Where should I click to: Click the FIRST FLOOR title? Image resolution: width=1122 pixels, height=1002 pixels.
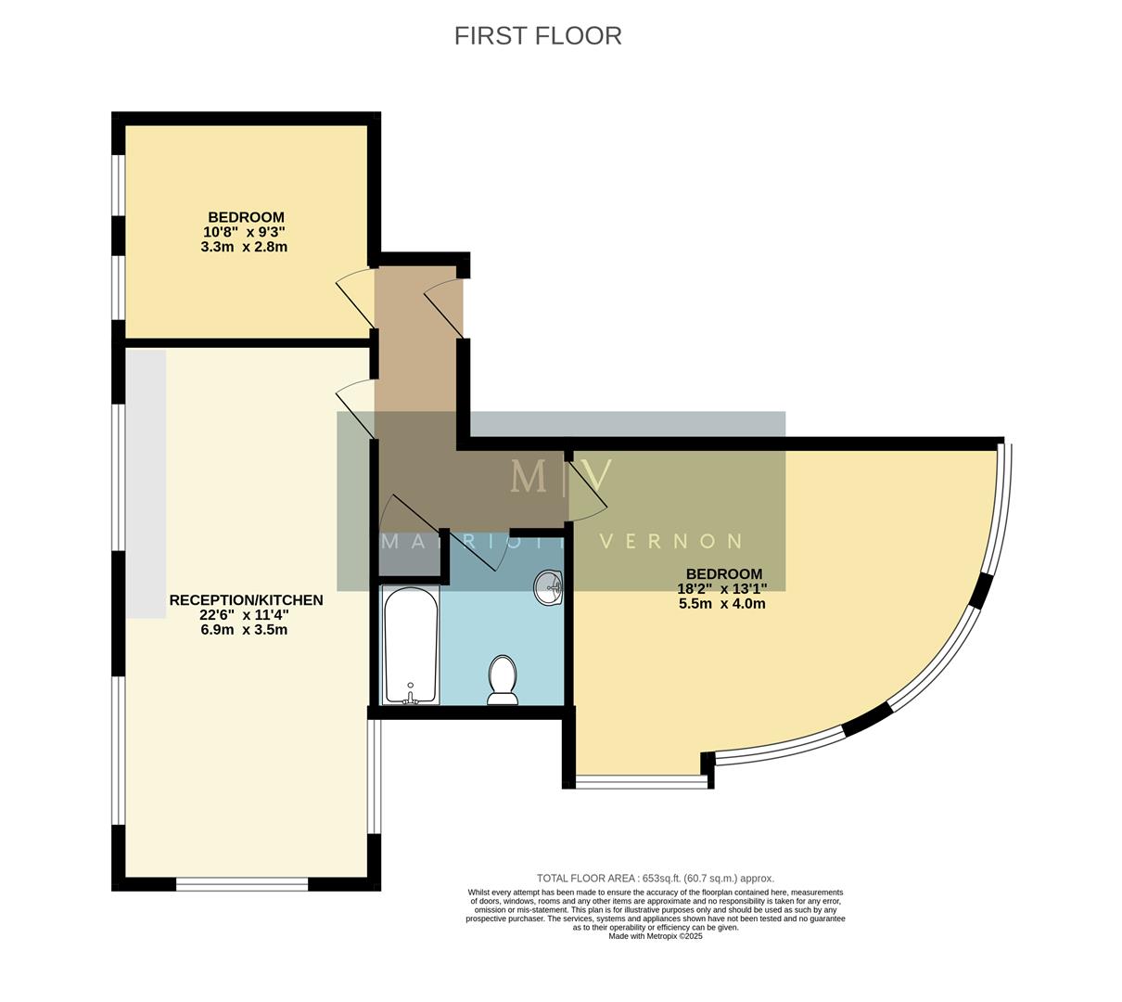tap(538, 35)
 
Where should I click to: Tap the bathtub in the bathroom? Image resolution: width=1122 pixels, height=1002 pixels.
tap(410, 646)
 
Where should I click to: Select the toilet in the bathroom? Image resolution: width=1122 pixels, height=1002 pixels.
tap(503, 680)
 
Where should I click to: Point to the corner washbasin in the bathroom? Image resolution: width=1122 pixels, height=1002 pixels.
tap(549, 587)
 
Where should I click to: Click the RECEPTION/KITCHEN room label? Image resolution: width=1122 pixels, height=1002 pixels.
tap(246, 600)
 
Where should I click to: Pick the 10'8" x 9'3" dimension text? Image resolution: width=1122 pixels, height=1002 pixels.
tap(245, 232)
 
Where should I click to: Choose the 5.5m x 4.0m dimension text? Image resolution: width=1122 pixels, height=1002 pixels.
tap(722, 603)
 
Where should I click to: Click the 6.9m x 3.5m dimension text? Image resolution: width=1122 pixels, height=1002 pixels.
tap(245, 629)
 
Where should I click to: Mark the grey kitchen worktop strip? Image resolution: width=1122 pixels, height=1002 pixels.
tap(146, 483)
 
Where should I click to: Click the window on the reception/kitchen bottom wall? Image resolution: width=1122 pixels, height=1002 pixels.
tap(242, 884)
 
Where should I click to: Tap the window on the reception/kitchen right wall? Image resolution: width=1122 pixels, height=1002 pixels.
tap(373, 777)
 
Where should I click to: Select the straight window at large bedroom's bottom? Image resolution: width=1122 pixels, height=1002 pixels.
tap(641, 782)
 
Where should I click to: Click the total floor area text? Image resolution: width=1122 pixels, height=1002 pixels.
tap(655, 878)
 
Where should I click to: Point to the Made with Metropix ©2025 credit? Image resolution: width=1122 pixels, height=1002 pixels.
tap(655, 936)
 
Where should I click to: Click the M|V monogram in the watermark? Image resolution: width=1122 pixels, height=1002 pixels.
tap(561, 476)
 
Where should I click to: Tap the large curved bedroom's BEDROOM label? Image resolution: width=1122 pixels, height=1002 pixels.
tap(723, 574)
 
